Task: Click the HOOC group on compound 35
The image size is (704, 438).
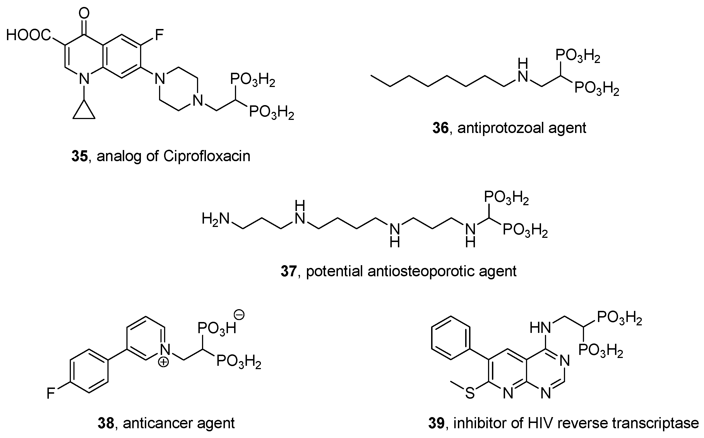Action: coord(28,35)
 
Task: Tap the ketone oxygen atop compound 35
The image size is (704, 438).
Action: coord(84,13)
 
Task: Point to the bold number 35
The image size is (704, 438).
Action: coord(80,156)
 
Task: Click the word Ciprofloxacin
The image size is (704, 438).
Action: coord(207,156)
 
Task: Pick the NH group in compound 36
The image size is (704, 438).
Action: coord(523,71)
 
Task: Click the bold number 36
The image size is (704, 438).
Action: coord(440,128)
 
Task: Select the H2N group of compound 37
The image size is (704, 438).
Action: coord(216,218)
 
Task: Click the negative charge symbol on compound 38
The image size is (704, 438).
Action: coord(240,315)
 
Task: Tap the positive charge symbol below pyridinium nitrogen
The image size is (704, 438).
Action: coord(164,362)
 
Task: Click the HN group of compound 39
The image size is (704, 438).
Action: coord(540,328)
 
